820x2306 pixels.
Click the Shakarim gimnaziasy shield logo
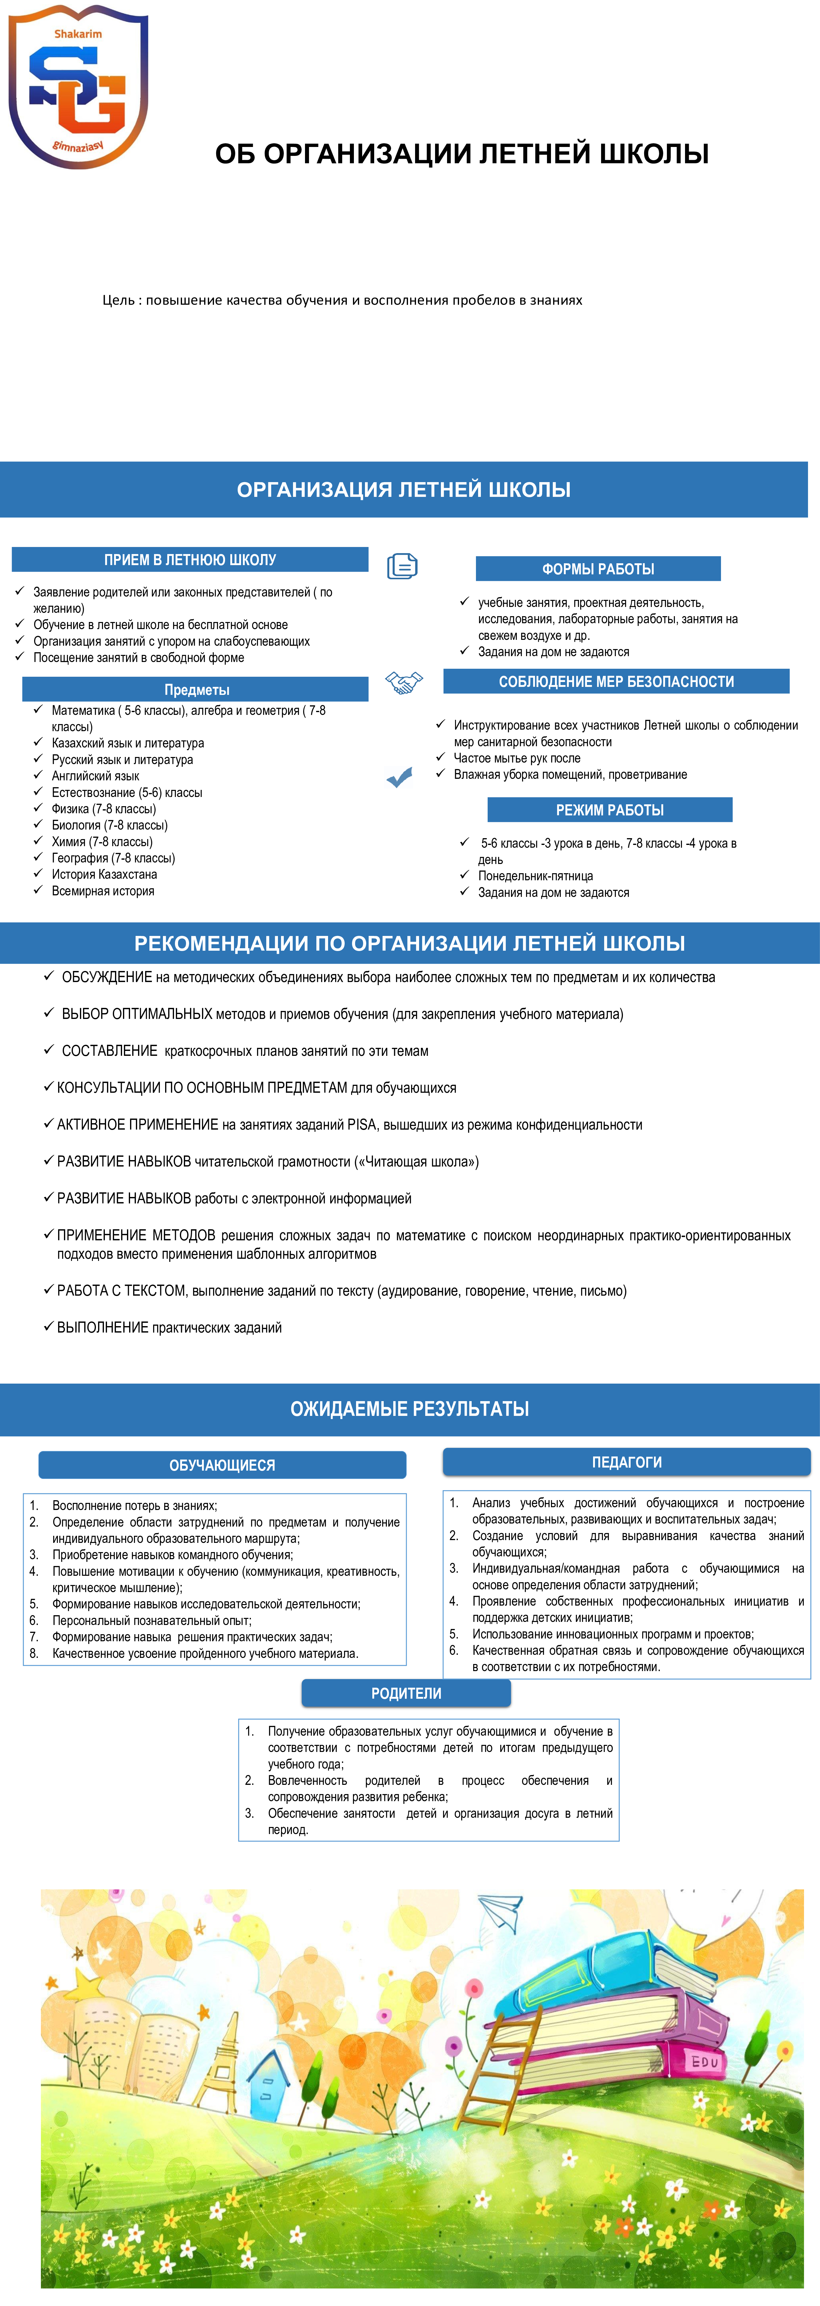click(78, 87)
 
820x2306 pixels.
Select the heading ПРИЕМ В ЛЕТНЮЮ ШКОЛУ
click(190, 560)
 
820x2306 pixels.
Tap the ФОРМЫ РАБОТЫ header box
click(598, 569)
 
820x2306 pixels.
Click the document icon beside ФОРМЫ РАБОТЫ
click(402, 566)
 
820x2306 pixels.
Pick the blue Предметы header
click(196, 689)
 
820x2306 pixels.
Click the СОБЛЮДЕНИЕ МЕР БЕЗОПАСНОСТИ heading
click(616, 681)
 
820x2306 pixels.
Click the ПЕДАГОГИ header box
click(627, 1462)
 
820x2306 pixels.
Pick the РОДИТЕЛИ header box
click(406, 1693)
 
